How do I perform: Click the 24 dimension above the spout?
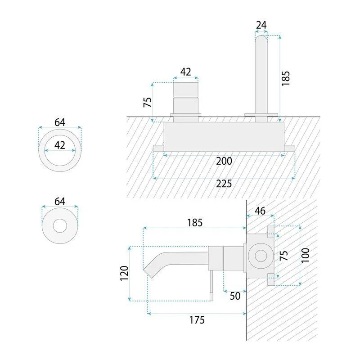pos(261,25)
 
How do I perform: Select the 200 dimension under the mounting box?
pos(224,161)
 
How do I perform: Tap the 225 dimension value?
pos(224,184)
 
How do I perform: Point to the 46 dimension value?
pos(260,211)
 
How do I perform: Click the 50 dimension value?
pos(235,296)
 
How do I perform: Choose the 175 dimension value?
pos(197,320)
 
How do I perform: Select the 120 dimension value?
pos(124,273)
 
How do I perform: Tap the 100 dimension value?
pos(306,255)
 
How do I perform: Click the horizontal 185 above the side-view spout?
pos(195,222)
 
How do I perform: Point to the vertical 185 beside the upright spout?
pos(286,78)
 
